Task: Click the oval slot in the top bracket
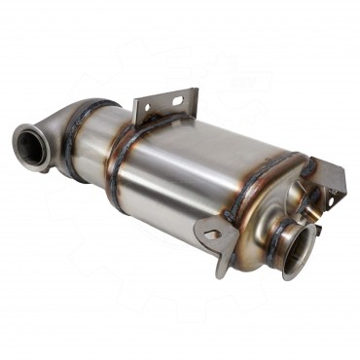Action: point(181,100)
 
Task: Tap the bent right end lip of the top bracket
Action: point(195,97)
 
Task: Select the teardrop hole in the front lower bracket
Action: point(213,234)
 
